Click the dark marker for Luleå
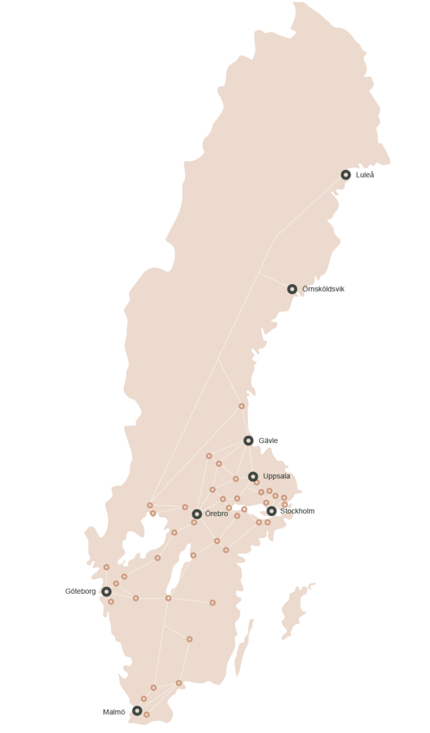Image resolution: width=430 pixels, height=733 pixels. pos(346,175)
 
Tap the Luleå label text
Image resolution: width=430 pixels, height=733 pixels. pos(364,175)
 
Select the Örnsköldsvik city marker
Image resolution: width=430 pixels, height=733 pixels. pos(292,289)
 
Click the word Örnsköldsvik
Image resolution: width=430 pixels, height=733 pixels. pos(323,289)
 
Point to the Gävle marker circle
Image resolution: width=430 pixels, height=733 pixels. pos(249,441)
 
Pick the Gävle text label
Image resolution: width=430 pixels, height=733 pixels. pos(268,441)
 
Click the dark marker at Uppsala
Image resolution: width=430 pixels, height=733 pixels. pos(253,477)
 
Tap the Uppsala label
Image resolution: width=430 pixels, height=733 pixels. pos(276,477)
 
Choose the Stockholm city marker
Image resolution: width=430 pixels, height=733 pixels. pos(272,511)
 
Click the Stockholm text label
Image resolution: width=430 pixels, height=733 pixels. pos(297,511)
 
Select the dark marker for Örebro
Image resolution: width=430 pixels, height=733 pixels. pos(197,514)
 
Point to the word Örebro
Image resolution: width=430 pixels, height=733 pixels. pos(217,514)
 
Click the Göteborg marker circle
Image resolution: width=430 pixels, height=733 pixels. pos(106,591)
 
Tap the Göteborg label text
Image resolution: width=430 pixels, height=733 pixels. pos(80,591)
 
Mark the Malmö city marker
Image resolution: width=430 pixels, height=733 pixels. pos(137,711)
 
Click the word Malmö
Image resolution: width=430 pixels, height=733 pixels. pos(114,712)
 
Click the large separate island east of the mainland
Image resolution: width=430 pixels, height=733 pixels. pos(295,610)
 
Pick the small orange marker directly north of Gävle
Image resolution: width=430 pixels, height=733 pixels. pos(242,406)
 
